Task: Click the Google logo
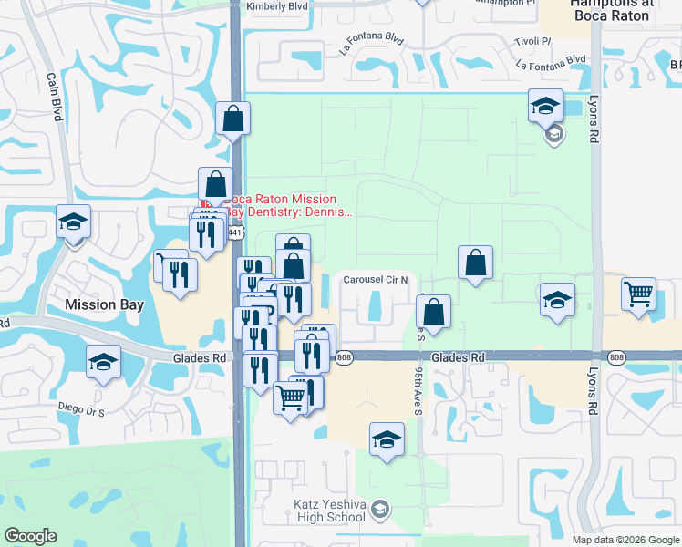pos(30,536)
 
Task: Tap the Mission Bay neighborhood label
pos(104,305)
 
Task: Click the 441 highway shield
pos(236,233)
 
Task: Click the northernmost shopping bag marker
pos(232,118)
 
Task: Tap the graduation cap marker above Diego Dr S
pos(104,361)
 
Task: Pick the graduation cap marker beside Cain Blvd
pos(73,222)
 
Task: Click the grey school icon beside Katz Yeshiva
pos(381,509)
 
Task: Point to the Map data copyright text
pos(625,539)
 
